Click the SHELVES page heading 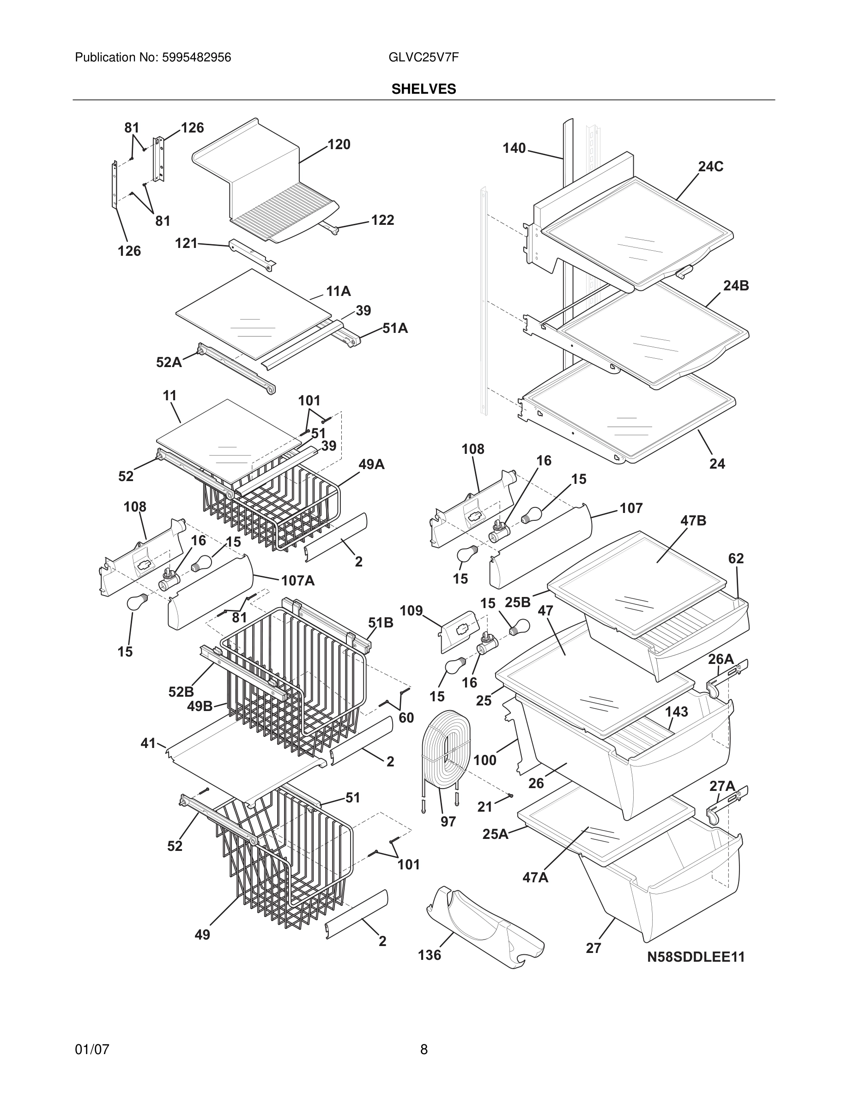coord(424,89)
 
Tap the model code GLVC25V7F coord(423,58)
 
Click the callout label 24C coord(710,167)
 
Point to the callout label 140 coord(514,148)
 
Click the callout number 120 coord(339,145)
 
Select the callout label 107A coord(297,581)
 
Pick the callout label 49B coord(200,706)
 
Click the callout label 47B coord(693,521)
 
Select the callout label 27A coord(722,786)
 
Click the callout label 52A coord(169,362)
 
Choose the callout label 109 coord(411,611)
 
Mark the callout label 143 coord(676,712)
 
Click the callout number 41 coord(148,743)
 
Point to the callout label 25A coord(495,834)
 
